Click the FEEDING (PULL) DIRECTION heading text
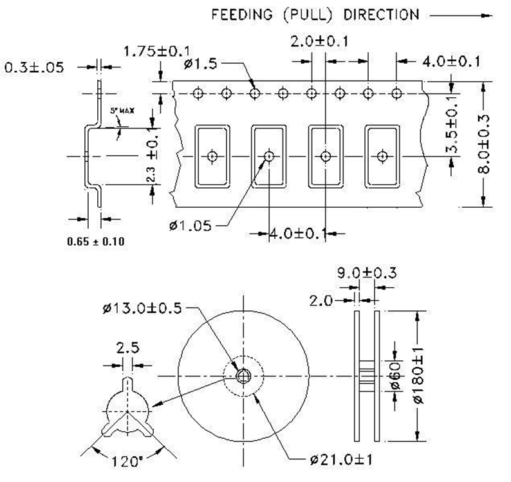(315, 14)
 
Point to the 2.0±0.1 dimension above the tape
(319, 42)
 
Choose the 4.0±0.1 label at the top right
(451, 62)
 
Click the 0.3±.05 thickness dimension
(34, 67)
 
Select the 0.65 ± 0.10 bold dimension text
(95, 241)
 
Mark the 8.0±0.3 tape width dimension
(487, 144)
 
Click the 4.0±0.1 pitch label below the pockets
(297, 233)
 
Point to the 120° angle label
(127, 461)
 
